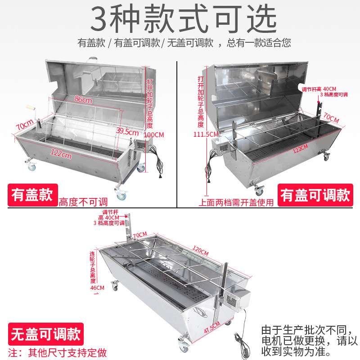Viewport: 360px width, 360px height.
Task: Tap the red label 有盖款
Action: click(32, 196)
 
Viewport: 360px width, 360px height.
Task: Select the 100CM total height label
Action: click(154, 135)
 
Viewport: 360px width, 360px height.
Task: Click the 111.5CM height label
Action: click(205, 135)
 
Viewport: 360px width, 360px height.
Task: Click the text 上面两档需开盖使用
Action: click(236, 202)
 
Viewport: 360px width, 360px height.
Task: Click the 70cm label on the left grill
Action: click(23, 125)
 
